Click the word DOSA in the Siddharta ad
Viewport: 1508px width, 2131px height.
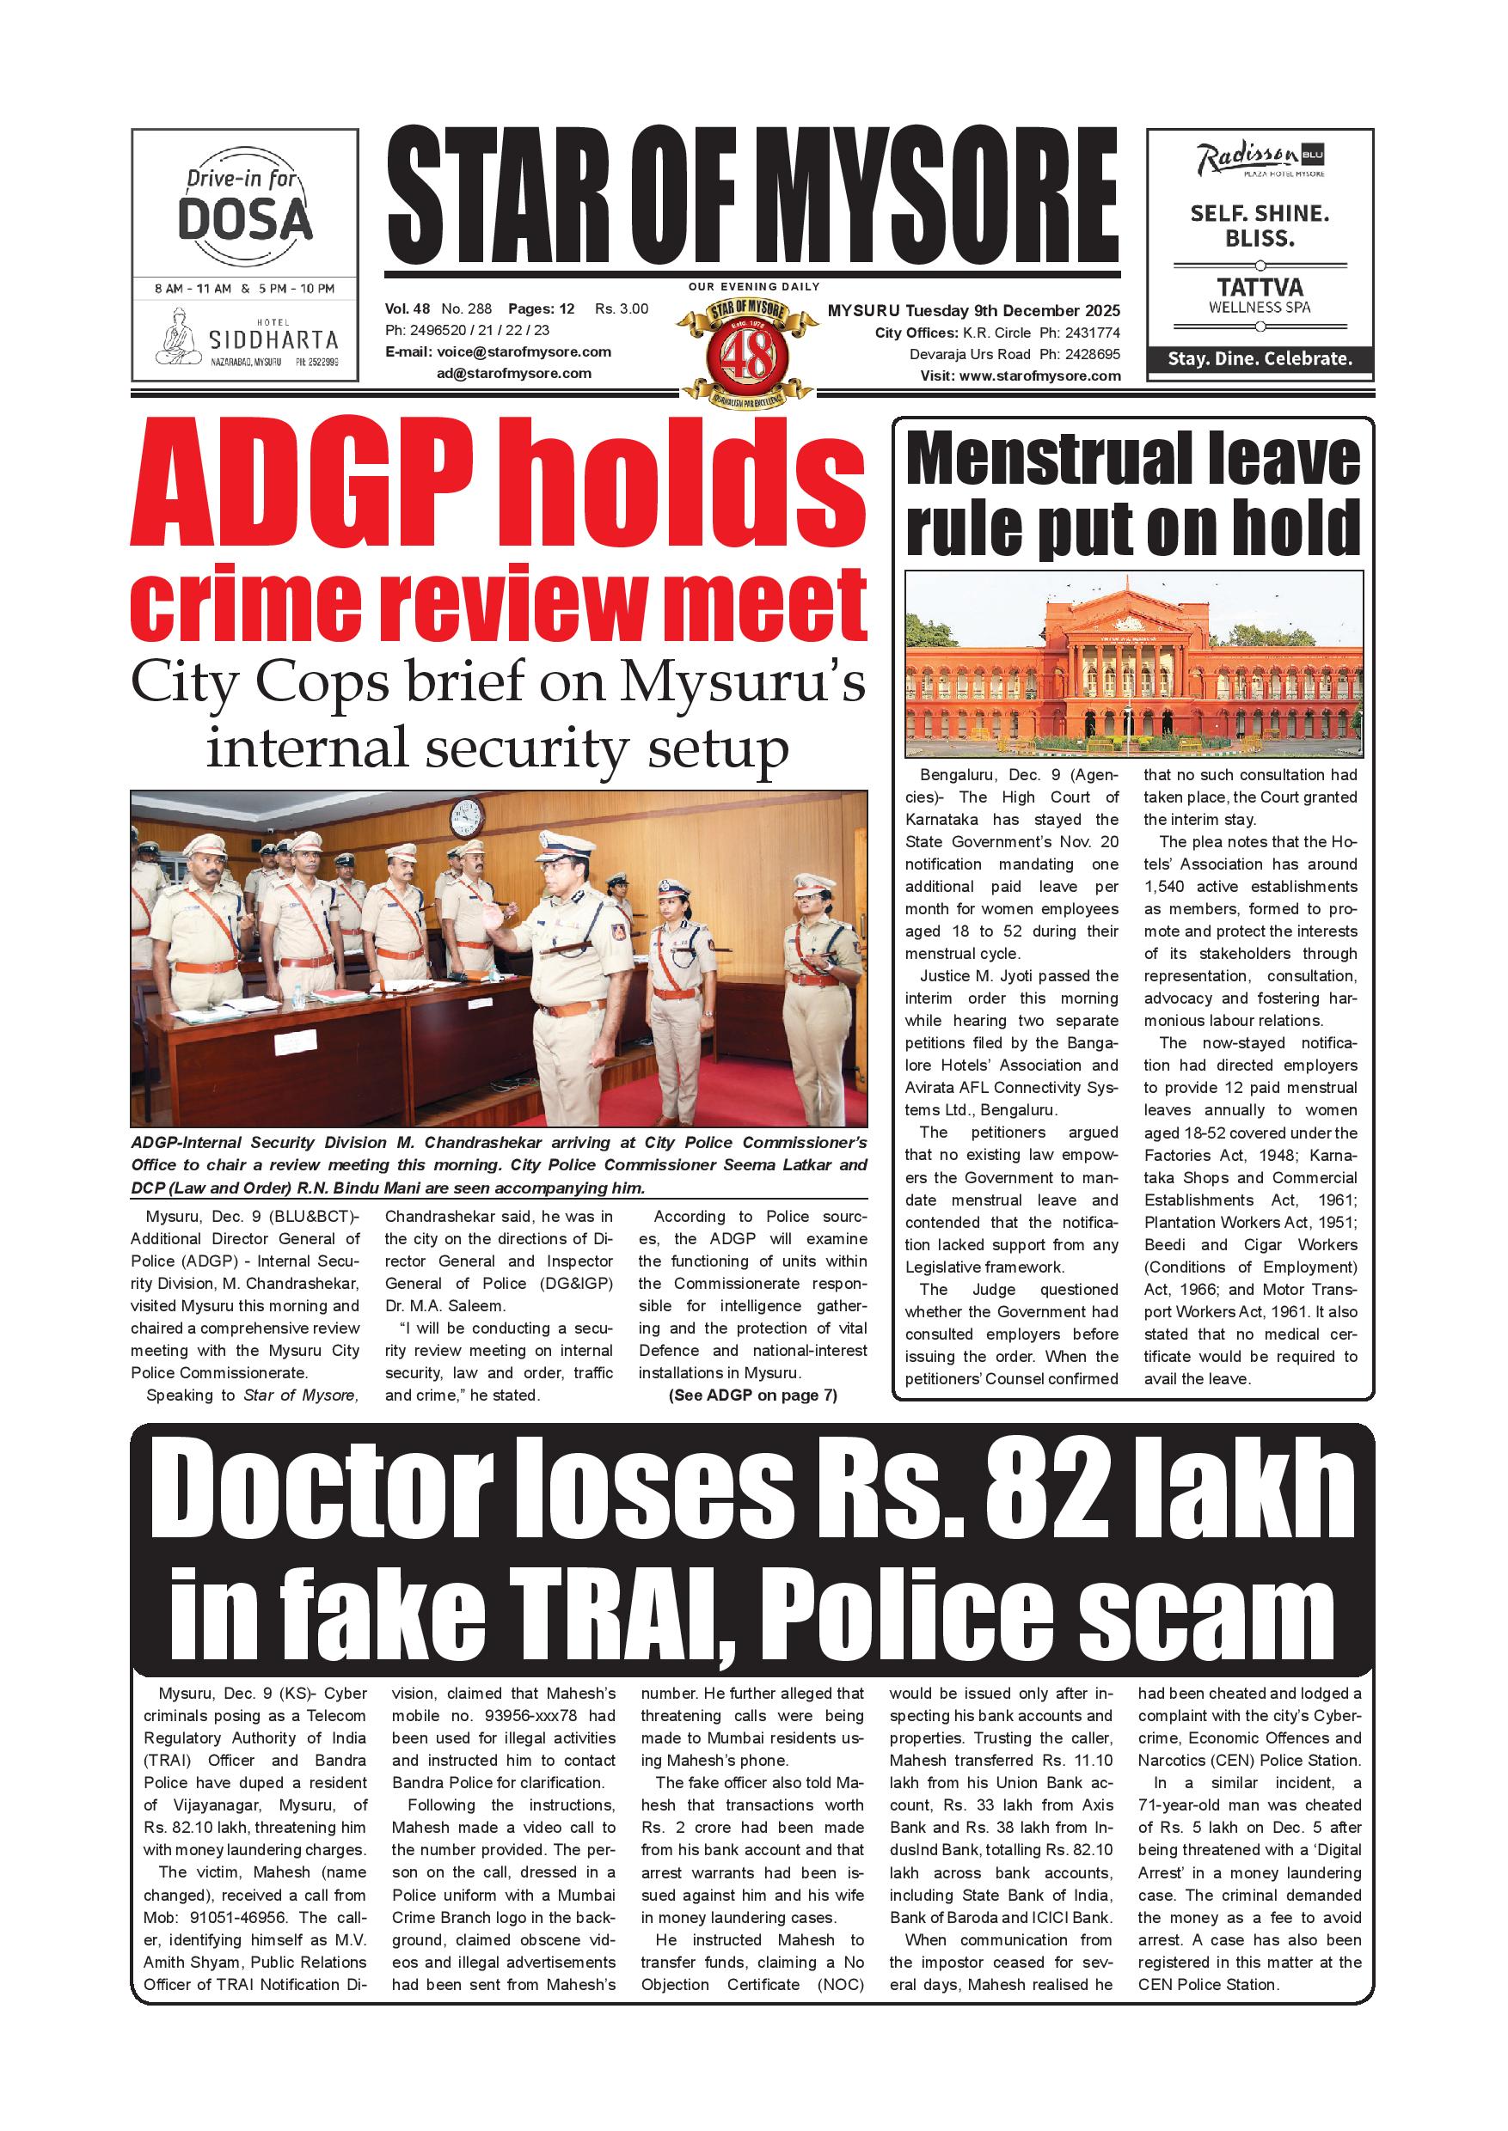pos(244,219)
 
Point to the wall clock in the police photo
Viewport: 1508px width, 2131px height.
pos(466,818)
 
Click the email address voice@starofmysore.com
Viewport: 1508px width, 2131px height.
pos(524,351)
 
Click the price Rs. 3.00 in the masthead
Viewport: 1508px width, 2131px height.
pos(622,309)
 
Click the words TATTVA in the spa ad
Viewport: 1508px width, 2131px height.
pos(1260,287)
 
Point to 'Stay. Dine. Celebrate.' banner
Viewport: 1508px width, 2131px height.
pos(1260,358)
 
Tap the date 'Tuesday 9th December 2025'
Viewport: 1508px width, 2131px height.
pos(1012,310)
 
